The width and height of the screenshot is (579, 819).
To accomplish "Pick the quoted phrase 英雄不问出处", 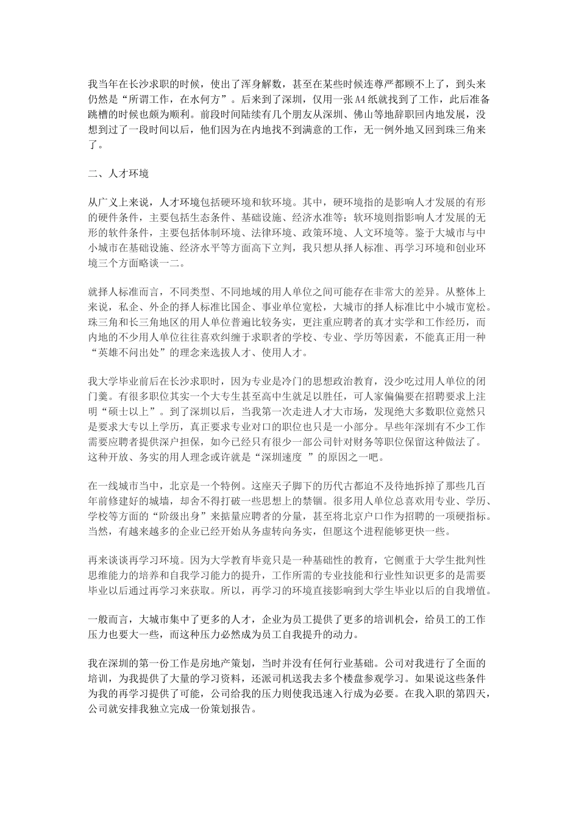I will coord(130,352).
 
